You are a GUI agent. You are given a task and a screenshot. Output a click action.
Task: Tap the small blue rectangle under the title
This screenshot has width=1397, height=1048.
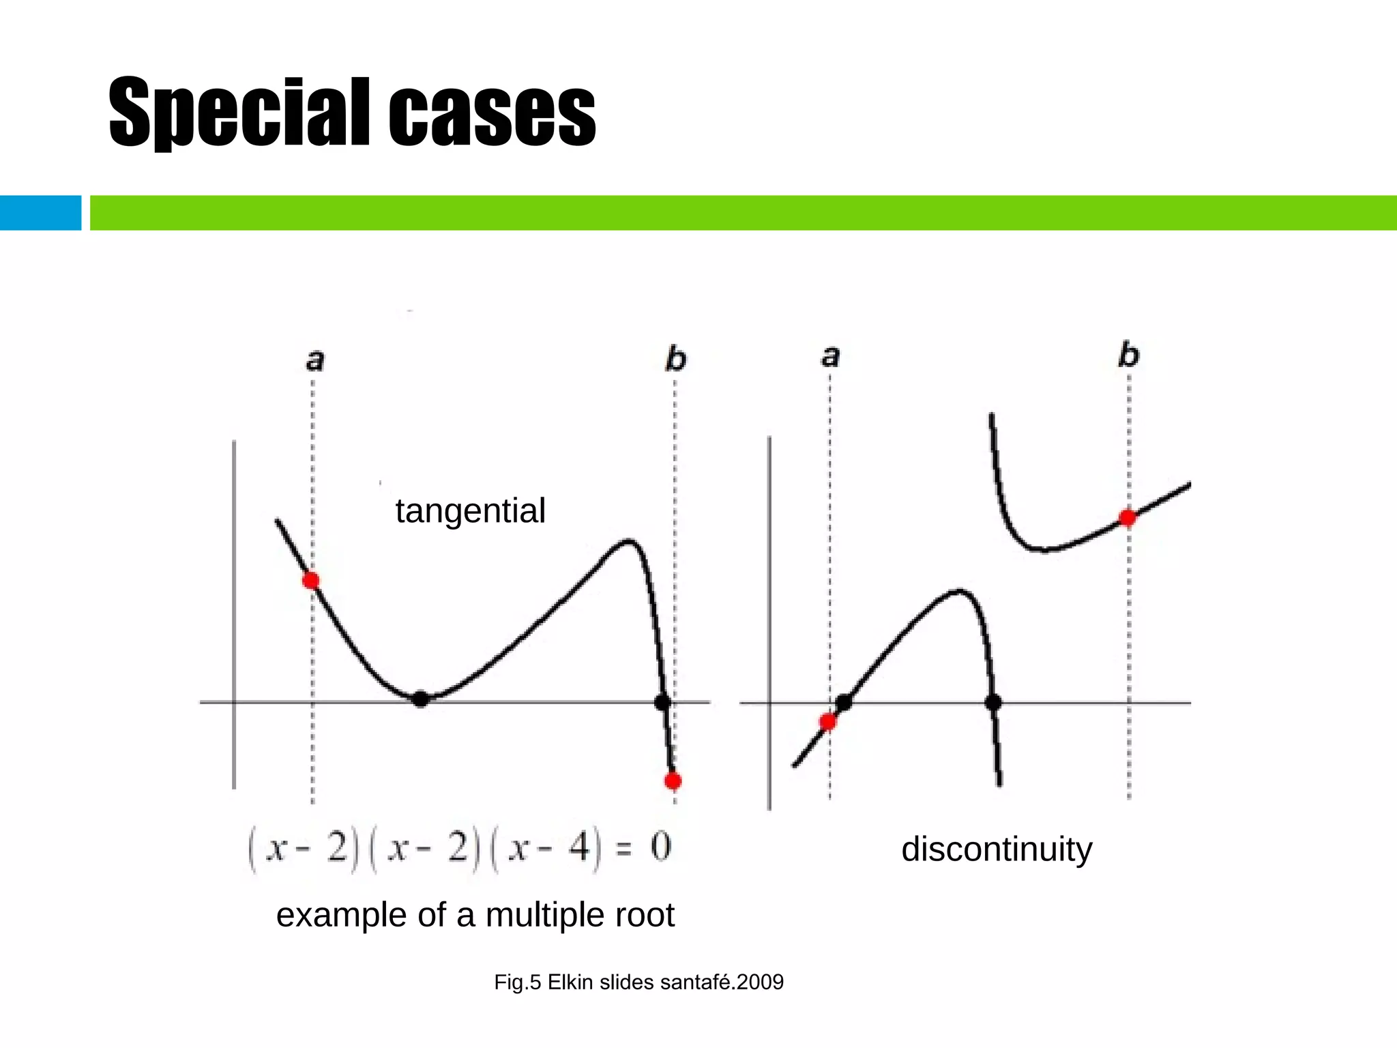point(40,213)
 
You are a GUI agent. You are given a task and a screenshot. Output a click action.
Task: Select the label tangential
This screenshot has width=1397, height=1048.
point(470,510)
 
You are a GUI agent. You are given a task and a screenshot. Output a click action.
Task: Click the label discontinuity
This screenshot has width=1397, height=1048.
point(997,849)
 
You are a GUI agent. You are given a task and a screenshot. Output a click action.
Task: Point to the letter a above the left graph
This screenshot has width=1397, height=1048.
point(314,360)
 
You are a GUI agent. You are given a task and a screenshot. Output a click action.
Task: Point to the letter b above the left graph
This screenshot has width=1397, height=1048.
point(675,359)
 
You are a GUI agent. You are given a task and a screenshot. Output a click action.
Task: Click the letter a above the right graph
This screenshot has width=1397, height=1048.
point(829,355)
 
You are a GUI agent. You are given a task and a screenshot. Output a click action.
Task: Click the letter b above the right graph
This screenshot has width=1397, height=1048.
point(1128,355)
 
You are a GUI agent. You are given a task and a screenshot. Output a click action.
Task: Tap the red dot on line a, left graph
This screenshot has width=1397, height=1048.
point(311,581)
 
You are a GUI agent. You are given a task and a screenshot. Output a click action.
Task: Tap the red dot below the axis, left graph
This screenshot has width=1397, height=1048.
point(673,781)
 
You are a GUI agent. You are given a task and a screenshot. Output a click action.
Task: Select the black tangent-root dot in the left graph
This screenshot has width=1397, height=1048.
point(421,699)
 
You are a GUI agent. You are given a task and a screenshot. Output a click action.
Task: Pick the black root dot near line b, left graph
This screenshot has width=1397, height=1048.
point(662,701)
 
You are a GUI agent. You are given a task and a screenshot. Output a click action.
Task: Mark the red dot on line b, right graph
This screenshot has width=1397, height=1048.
point(1128,518)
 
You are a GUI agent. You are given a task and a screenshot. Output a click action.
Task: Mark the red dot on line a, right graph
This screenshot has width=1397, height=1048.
point(827,722)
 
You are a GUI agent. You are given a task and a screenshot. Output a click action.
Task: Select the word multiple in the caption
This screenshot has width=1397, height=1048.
point(546,915)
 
